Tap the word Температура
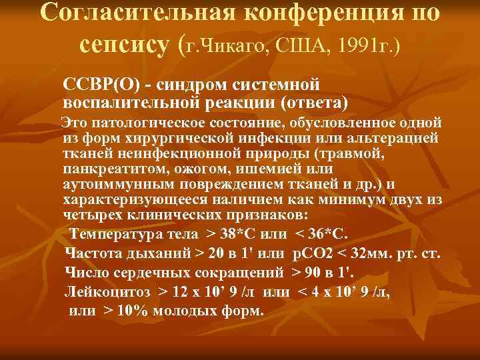124,235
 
